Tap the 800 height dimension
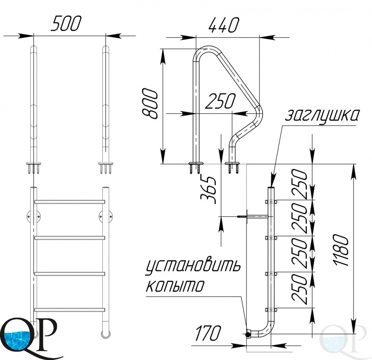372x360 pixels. coord(150,104)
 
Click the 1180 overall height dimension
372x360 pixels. coord(341,250)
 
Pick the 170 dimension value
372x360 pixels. coord(208,333)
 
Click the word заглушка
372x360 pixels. coord(322,116)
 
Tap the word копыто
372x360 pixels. coord(175,286)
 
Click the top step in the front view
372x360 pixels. coord(70,202)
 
